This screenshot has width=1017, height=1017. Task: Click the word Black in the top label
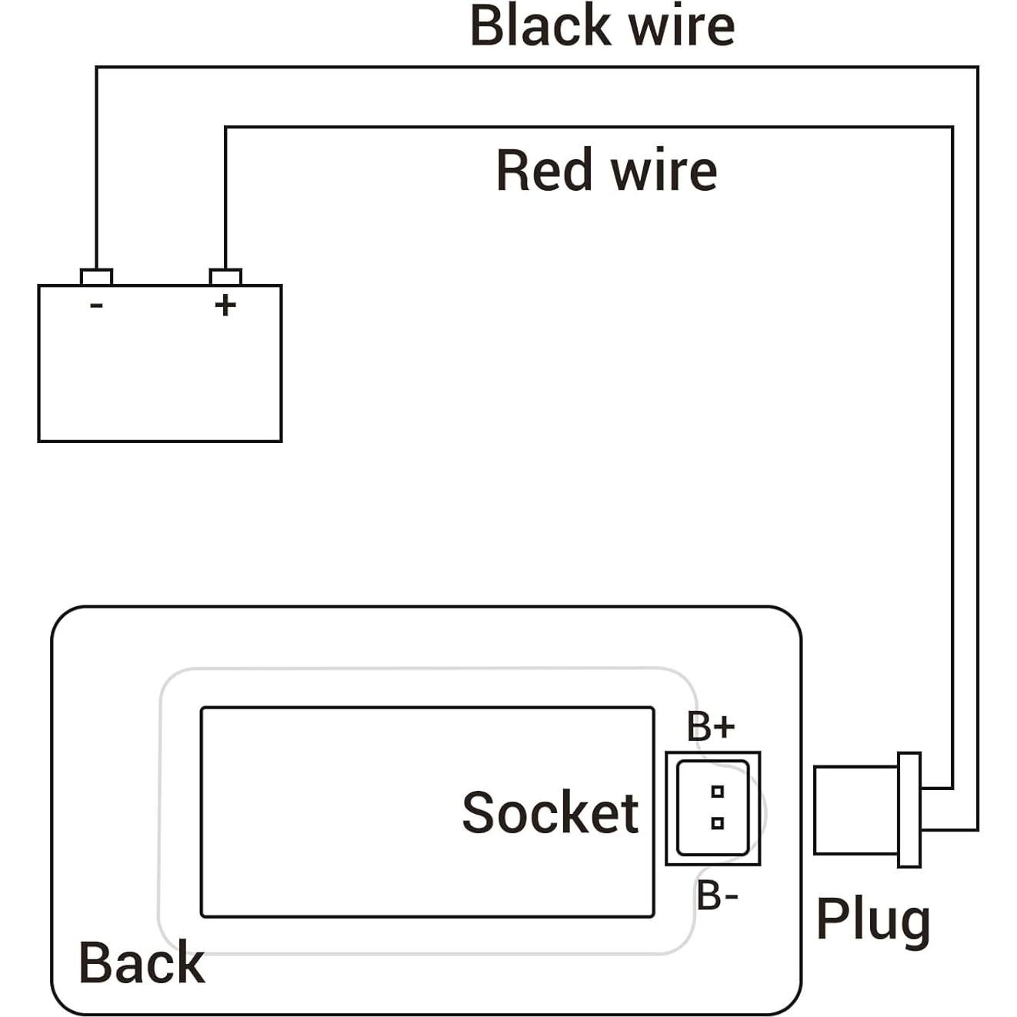pyautogui.click(x=540, y=26)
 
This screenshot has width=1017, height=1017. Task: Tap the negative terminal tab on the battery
pyautogui.click(x=96, y=277)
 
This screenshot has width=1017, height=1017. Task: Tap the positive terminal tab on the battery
pyautogui.click(x=225, y=277)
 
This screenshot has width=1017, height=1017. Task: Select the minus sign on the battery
pyautogui.click(x=96, y=305)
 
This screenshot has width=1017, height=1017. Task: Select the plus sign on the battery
pyautogui.click(x=225, y=305)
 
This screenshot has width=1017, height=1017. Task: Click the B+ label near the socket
pyautogui.click(x=711, y=726)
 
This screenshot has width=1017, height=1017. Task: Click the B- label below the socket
pyautogui.click(x=717, y=896)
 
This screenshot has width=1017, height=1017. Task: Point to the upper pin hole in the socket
pyautogui.click(x=718, y=791)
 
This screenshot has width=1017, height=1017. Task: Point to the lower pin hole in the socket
pyautogui.click(x=718, y=823)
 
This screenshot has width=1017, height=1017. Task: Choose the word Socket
pyautogui.click(x=550, y=812)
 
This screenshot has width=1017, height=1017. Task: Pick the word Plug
pyautogui.click(x=872, y=919)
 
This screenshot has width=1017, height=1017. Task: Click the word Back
pyautogui.click(x=142, y=962)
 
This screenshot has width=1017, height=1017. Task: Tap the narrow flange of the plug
pyautogui.click(x=909, y=809)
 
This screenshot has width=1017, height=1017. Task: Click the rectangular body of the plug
pyautogui.click(x=855, y=810)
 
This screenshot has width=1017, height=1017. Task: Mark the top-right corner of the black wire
pyautogui.click(x=978, y=68)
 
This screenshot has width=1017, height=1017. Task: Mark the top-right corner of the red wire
pyautogui.click(x=952, y=128)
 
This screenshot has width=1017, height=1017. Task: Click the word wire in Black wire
pyautogui.click(x=682, y=26)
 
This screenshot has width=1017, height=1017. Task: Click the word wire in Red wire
pyautogui.click(x=665, y=170)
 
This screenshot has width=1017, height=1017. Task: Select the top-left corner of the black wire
pyautogui.click(x=96, y=68)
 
